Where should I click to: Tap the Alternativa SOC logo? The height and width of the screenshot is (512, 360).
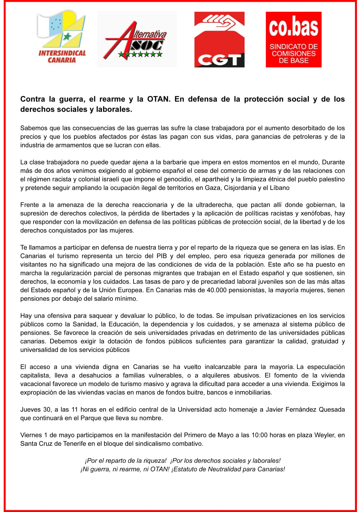tap(137, 39)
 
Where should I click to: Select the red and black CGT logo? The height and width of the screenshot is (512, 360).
tap(219, 39)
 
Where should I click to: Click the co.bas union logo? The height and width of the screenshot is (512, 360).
tap(293, 39)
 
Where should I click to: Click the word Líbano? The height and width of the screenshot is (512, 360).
tap(280, 188)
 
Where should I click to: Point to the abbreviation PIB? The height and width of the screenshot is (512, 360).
tap(161, 256)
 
